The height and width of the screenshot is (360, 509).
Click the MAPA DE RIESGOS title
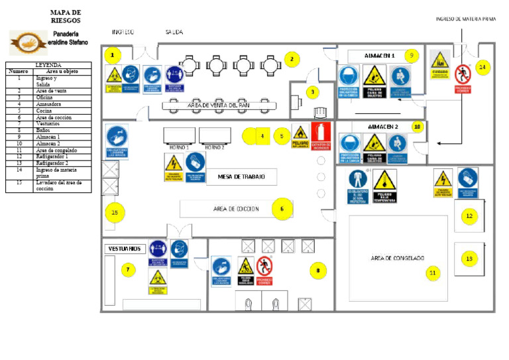pos(66,17)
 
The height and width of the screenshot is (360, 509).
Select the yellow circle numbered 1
pos(113,54)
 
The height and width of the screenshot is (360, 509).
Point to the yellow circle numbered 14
pos(482,67)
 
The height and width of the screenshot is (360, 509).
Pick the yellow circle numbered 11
pos(433,272)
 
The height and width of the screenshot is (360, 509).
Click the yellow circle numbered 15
pos(115,212)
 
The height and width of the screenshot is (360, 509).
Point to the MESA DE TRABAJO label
pos(241,177)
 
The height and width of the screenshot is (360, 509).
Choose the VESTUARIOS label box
pos(124,249)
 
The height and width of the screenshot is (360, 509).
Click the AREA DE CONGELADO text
pos(397,257)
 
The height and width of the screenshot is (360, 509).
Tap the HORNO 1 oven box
pos(179,135)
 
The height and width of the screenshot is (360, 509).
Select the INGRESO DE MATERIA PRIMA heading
pos(466,19)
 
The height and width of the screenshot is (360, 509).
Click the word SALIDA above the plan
pos(174,32)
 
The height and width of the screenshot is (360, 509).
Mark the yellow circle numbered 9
pos(411,56)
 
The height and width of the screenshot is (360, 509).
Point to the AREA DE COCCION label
pos(236,209)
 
